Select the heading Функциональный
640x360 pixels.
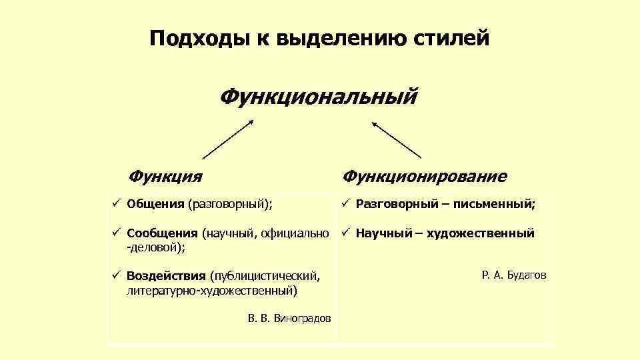coord(319,97)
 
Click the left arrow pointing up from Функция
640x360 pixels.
coord(227,139)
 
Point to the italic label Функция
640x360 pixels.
coord(166,176)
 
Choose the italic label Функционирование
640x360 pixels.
coord(425,176)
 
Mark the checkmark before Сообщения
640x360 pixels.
coord(115,233)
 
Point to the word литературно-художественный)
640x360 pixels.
coord(212,291)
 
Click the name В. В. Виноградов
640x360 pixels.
coord(289,319)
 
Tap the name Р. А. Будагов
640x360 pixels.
coord(513,275)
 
